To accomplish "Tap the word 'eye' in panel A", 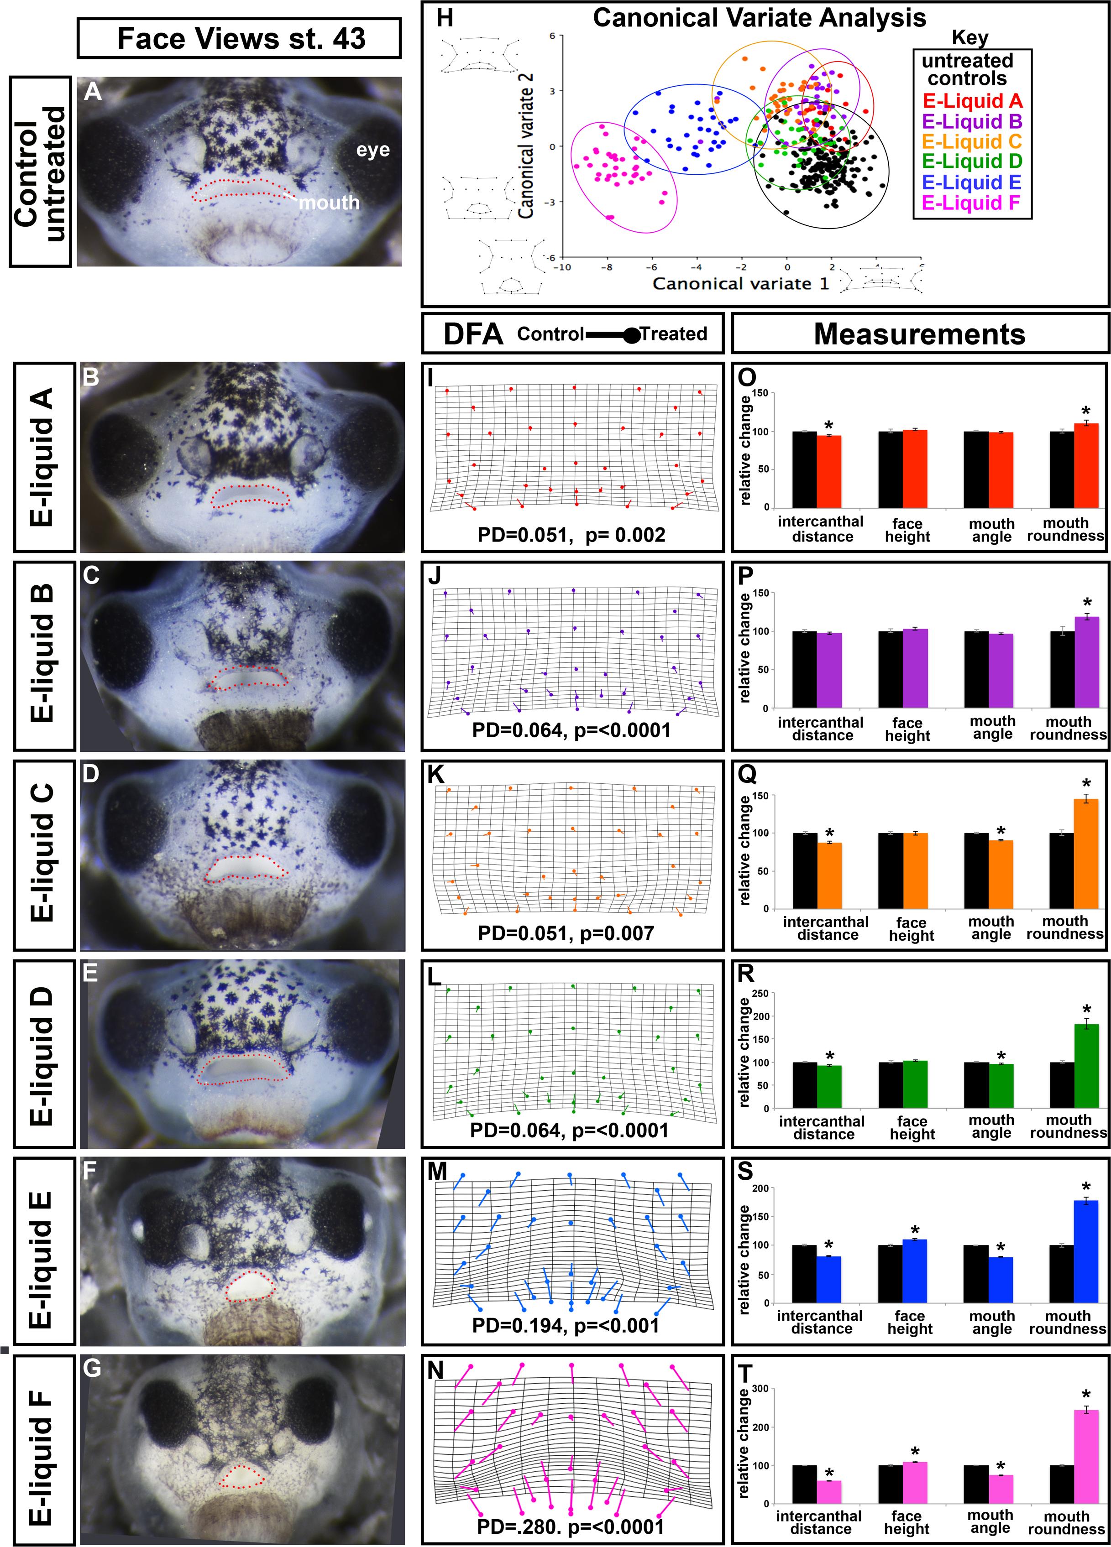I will point(372,149).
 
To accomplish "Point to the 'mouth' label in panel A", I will point(329,203).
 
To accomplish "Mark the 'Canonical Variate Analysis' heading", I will point(759,18).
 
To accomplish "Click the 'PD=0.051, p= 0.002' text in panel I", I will point(571,535).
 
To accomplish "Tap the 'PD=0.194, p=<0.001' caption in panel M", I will point(566,1325).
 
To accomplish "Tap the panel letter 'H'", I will point(444,18).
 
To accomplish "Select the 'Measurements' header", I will point(919,334).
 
